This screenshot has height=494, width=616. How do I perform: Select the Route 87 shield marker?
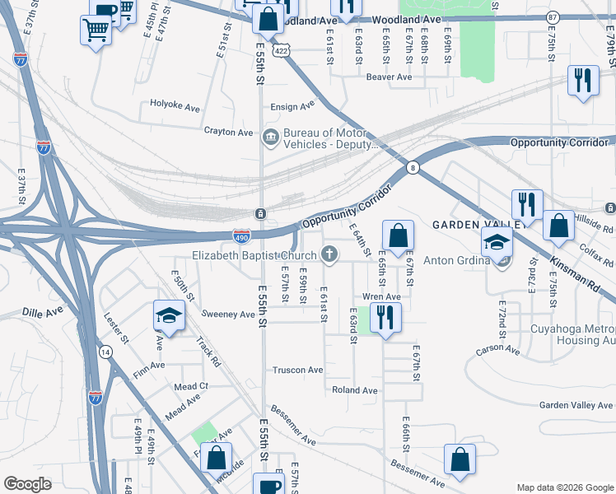pyautogui.click(x=553, y=17)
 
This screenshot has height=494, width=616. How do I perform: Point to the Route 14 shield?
pyautogui.click(x=105, y=352)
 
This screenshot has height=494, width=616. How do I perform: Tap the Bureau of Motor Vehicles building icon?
pyautogui.click(x=271, y=137)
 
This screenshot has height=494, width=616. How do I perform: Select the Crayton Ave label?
pyautogui.click(x=228, y=132)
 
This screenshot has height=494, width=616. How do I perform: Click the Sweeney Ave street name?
pyautogui.click(x=228, y=315)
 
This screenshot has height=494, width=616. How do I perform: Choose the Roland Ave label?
pyautogui.click(x=354, y=390)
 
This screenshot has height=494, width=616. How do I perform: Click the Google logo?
pyautogui.click(x=27, y=484)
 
